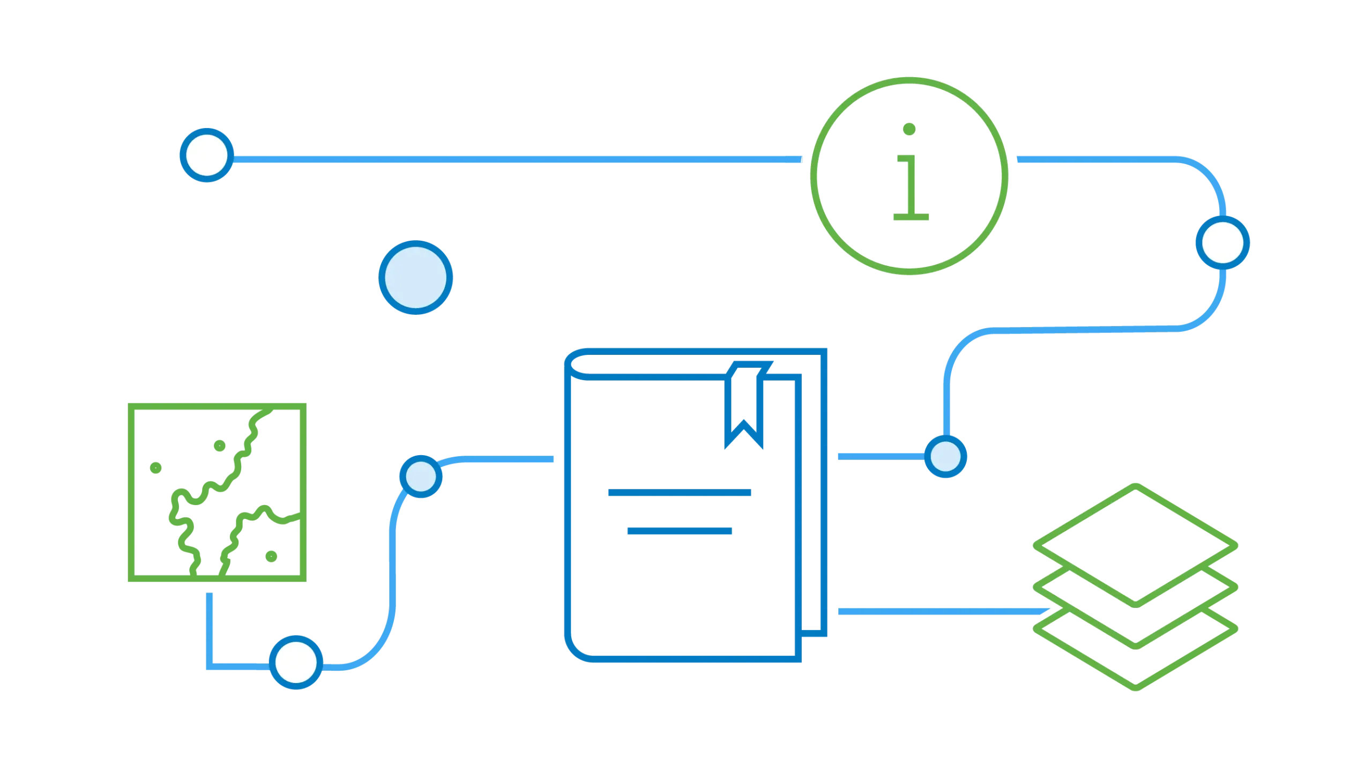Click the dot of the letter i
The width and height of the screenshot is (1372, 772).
(909, 129)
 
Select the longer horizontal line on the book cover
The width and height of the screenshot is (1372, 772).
(679, 493)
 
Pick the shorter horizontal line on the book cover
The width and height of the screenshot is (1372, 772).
(679, 530)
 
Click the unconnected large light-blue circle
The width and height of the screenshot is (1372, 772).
(416, 278)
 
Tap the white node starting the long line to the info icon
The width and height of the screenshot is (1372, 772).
(207, 154)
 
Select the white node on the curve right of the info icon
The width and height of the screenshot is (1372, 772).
(1222, 242)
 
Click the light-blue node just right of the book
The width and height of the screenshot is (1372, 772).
(946, 457)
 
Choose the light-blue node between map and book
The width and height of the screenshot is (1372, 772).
(421, 477)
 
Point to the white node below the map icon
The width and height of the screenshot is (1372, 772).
(296, 662)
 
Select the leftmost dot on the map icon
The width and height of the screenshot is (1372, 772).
(155, 467)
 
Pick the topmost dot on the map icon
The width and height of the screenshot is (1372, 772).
(219, 445)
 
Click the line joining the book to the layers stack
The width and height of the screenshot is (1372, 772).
(938, 611)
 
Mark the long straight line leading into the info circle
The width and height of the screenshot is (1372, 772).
(514, 160)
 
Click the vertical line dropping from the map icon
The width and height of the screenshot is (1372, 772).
(208, 627)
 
